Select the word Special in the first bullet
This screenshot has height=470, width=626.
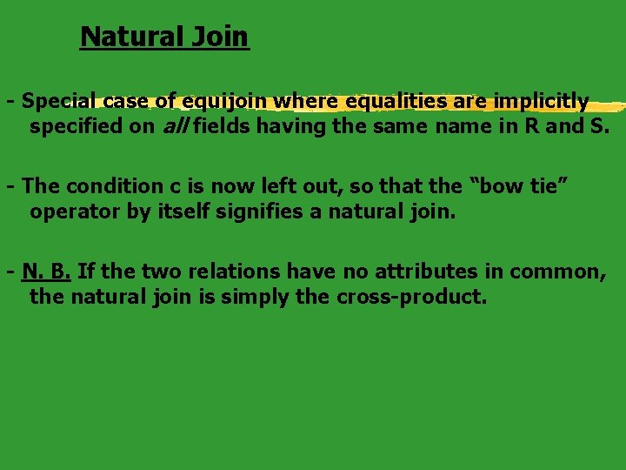(x=59, y=101)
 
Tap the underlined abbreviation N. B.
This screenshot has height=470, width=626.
(x=48, y=271)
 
